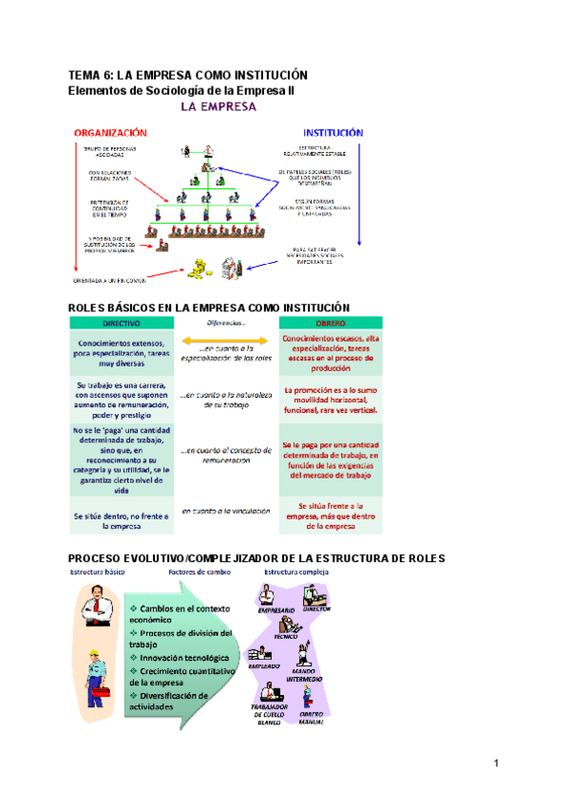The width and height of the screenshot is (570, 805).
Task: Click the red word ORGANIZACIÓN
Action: click(112, 133)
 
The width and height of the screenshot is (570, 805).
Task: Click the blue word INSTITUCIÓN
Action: click(332, 133)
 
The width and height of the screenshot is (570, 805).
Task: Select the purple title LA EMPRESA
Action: click(218, 107)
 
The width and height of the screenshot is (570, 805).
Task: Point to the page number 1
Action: click(495, 762)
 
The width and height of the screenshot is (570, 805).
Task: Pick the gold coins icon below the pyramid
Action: click(200, 269)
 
